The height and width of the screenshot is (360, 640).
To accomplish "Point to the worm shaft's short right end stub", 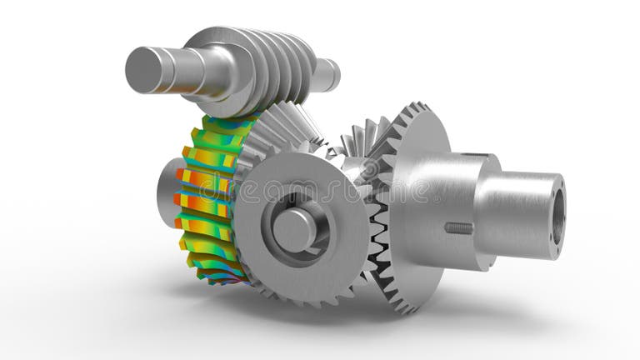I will click(x=326, y=75).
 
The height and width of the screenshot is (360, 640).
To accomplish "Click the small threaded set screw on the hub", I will click(x=458, y=227).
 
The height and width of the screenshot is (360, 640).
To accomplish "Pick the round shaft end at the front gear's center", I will click(x=294, y=230).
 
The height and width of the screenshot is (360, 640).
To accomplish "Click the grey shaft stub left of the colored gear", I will click(x=167, y=192).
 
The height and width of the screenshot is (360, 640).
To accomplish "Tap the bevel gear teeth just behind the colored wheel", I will click(x=275, y=133).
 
